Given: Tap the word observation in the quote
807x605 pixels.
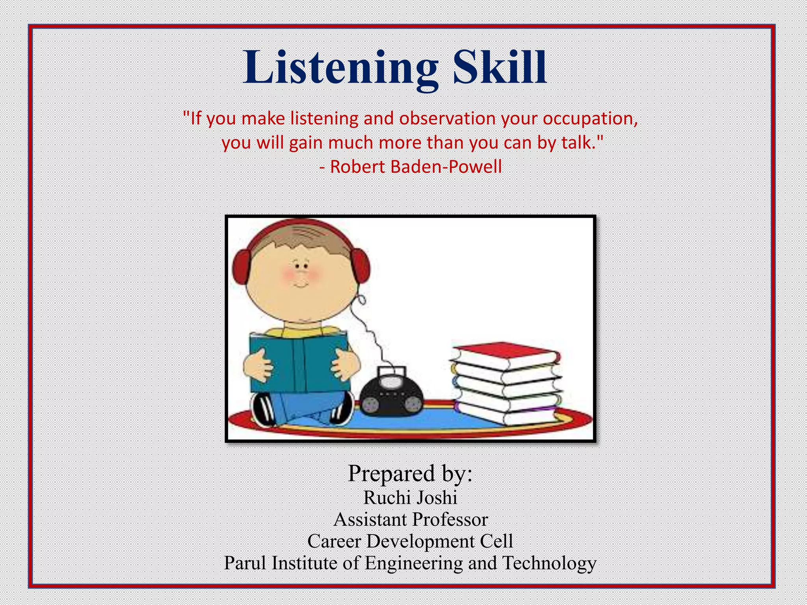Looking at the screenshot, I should click(447, 119).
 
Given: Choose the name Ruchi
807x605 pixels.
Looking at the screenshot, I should click(387, 497).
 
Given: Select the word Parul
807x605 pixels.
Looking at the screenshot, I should click(245, 563).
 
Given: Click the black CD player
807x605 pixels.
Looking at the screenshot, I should click(392, 398).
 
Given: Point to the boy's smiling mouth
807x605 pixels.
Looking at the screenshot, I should click(301, 284).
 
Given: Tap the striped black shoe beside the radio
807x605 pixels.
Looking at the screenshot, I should click(342, 410).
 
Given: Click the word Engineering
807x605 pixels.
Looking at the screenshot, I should click(414, 564).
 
